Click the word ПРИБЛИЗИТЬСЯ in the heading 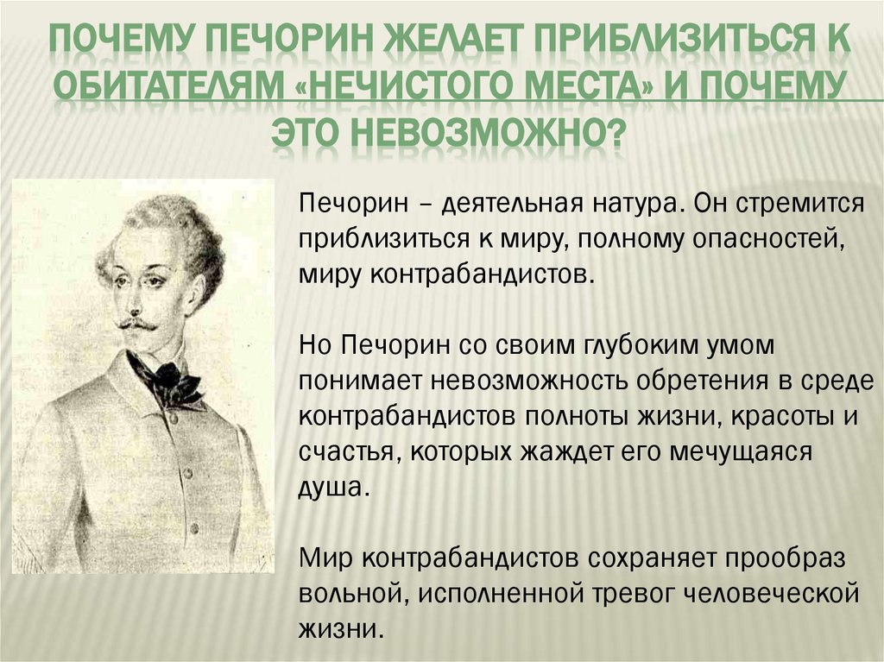pyautogui.click(x=663, y=40)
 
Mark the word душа pyautogui.click(x=334, y=486)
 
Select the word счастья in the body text pyautogui.click(x=347, y=451)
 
